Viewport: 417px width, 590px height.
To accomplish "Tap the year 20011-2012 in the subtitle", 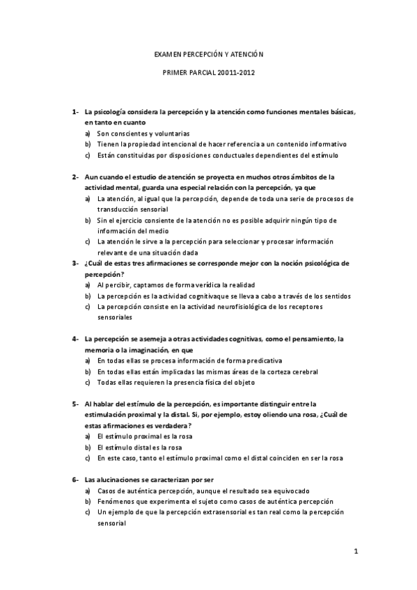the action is (236, 72).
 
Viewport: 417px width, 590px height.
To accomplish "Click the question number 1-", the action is (74, 111).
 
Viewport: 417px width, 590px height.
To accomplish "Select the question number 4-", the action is (74, 339).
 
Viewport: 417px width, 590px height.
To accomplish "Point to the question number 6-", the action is (74, 480).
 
